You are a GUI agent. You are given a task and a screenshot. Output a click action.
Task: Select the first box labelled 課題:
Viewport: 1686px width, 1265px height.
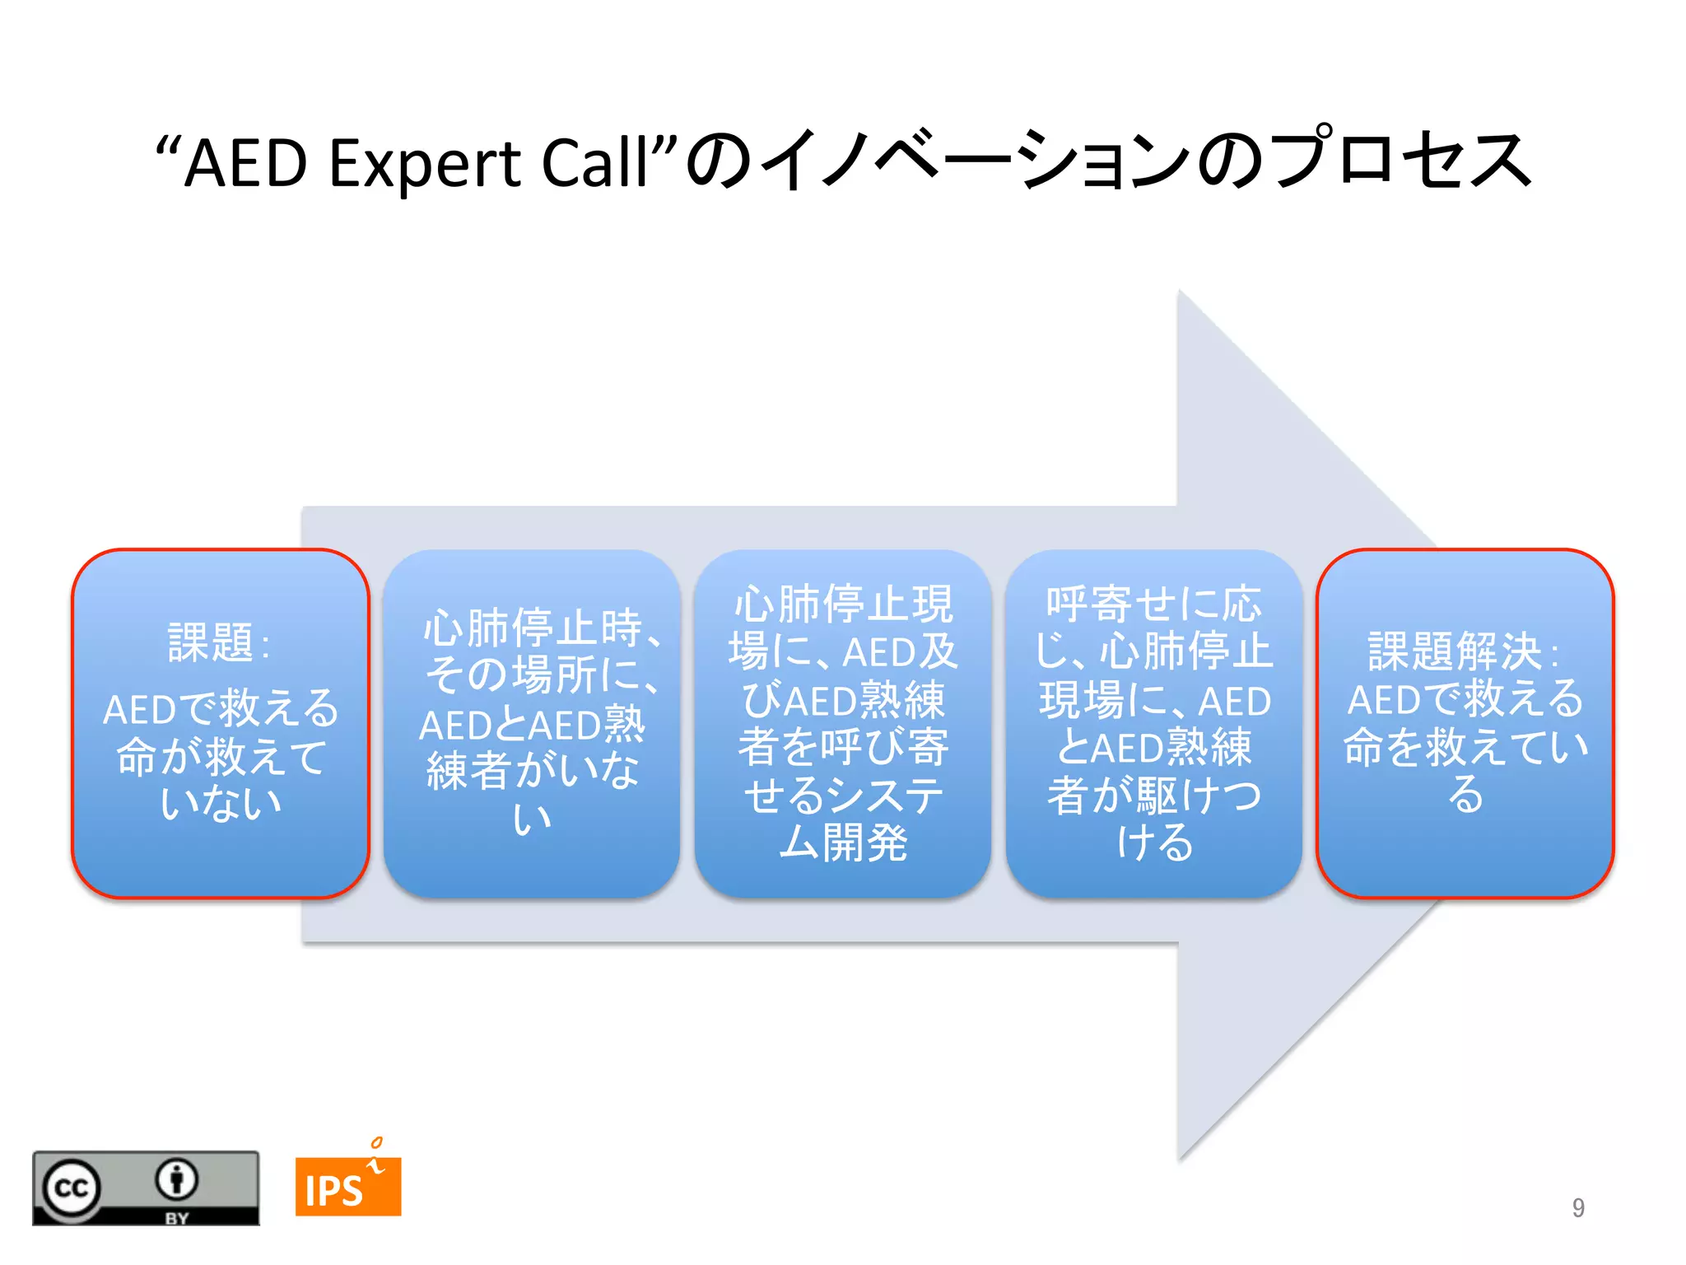pyautogui.click(x=221, y=723)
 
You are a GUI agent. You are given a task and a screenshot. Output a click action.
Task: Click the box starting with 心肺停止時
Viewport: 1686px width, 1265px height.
pyautogui.click(x=532, y=723)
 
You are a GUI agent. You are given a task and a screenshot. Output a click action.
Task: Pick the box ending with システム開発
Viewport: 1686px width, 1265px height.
pyautogui.click(x=842, y=723)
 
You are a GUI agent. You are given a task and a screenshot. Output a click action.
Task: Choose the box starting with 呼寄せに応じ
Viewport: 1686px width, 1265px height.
pyautogui.click(x=1153, y=723)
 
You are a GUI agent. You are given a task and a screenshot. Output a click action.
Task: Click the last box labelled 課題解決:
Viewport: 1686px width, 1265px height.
pyautogui.click(x=1465, y=723)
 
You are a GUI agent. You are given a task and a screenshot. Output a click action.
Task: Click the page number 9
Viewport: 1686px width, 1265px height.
pyautogui.click(x=1577, y=1207)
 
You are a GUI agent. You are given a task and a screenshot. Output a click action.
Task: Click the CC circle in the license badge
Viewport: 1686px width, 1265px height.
pyautogui.click(x=71, y=1188)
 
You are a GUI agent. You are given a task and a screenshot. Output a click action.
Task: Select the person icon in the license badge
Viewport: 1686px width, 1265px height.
pyautogui.click(x=176, y=1179)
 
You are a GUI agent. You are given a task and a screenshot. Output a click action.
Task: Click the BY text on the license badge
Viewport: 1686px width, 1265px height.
pyautogui.click(x=176, y=1218)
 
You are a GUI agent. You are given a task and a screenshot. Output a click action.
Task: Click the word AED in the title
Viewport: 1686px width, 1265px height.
pyautogui.click(x=245, y=163)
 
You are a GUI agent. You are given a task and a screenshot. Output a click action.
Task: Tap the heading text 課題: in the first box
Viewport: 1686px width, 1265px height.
pyautogui.click(x=217, y=643)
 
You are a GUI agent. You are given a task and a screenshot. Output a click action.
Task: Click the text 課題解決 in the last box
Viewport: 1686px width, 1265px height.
pyautogui.click(x=1454, y=652)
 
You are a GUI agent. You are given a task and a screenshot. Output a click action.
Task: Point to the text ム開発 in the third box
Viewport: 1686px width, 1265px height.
pyautogui.click(x=842, y=843)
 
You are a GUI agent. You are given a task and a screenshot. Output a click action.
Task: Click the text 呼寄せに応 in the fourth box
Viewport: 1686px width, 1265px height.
pyautogui.click(x=1153, y=604)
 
